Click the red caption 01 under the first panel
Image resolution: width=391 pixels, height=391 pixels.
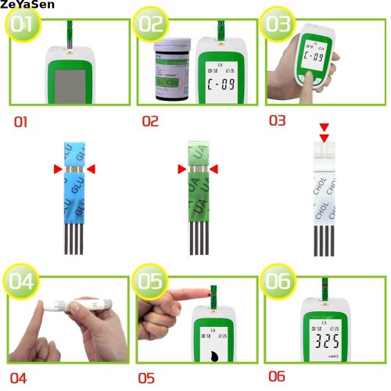tap(21, 122)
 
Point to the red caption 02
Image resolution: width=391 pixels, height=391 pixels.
tap(150, 122)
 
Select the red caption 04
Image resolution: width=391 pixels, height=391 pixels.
tap(18, 378)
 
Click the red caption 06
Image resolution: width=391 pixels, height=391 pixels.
tap(277, 376)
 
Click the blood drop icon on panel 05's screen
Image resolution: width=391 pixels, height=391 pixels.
tap(213, 354)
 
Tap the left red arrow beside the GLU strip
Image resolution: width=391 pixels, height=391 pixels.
tap(57, 169)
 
